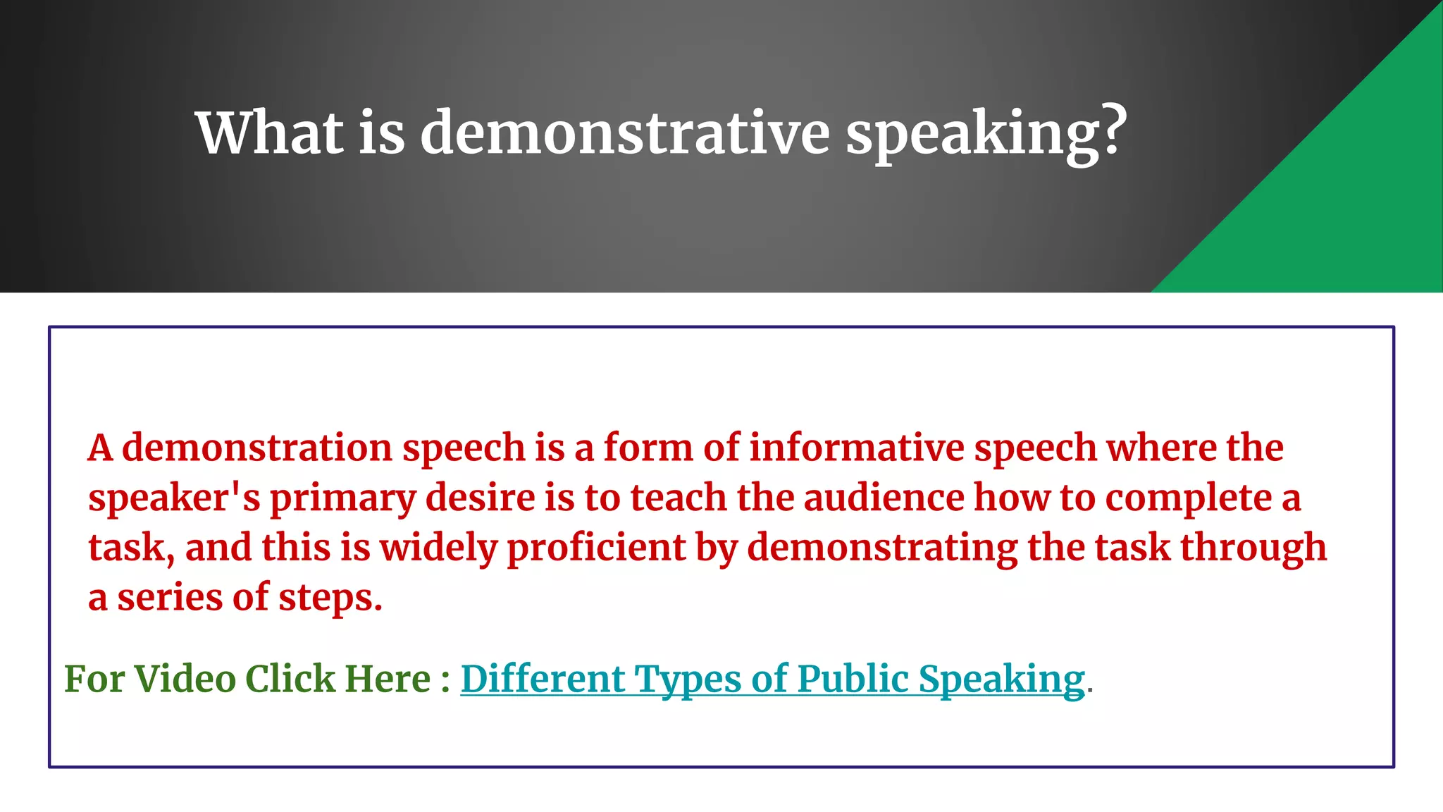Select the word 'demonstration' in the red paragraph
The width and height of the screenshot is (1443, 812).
pos(256,448)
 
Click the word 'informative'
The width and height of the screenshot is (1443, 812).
pos(856,448)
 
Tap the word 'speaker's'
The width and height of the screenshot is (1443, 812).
pos(174,498)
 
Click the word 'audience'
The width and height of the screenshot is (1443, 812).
pos(884,498)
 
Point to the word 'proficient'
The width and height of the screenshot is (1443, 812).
pos(596,548)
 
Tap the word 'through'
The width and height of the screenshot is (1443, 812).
pos(1253,548)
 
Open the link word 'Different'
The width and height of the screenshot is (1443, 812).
pos(542,679)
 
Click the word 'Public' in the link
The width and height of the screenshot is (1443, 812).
pos(853,679)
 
